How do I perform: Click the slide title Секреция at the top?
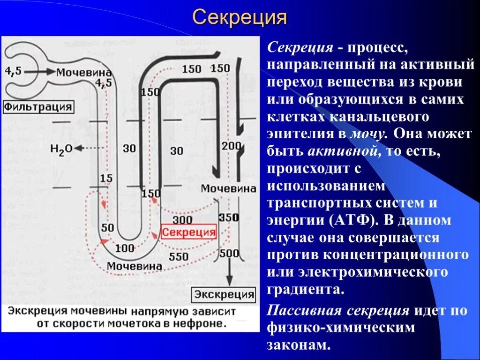tap(240, 18)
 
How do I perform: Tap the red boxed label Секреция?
tap(188, 232)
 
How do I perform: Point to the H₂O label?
tap(61, 149)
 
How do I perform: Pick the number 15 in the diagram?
tap(106, 178)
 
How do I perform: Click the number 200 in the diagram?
tap(231, 146)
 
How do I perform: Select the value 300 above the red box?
tap(182, 220)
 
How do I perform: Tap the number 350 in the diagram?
tap(229, 217)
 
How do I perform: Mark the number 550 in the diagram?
tap(179, 256)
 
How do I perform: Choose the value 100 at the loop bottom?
tap(125, 248)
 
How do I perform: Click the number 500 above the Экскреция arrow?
tap(229, 254)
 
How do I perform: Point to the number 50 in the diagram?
tap(107, 227)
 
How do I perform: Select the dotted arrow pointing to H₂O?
tap(90, 148)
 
